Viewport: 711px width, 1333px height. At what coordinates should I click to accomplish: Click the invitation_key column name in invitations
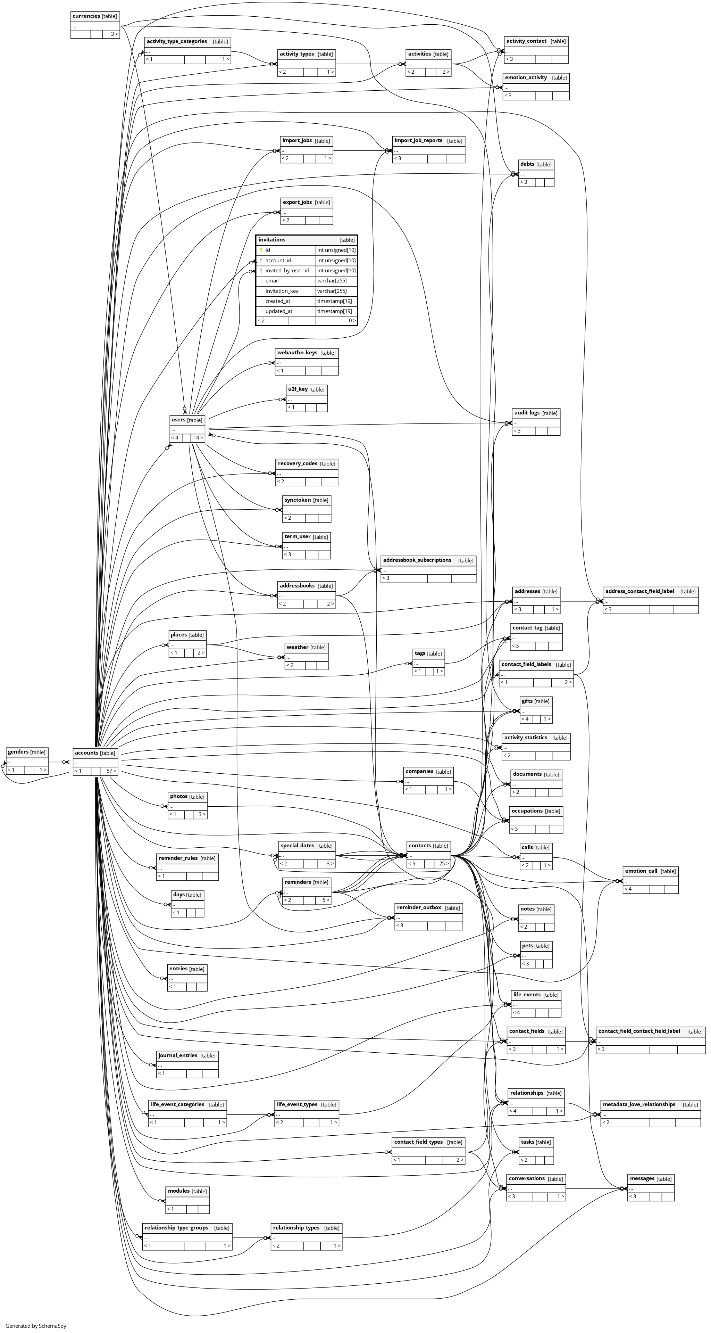[x=282, y=291]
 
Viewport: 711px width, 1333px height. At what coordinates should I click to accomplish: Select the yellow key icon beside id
[x=261, y=250]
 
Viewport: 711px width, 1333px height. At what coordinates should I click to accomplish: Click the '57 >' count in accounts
[x=111, y=771]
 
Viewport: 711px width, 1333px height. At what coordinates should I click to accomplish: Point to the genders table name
[x=18, y=752]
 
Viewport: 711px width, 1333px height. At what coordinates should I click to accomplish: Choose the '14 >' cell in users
[x=198, y=438]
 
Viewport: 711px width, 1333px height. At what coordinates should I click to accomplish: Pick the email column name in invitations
[x=272, y=280]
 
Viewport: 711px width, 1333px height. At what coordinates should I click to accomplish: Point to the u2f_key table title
[x=298, y=389]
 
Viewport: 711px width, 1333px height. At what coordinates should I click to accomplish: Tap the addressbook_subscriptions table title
[x=417, y=560]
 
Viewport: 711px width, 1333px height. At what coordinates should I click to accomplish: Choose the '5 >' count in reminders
[x=326, y=900]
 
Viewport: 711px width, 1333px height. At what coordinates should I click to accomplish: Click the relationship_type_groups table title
[x=176, y=1227]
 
